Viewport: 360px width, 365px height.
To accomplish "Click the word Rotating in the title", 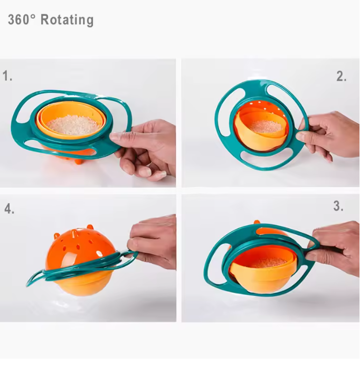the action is point(67,20).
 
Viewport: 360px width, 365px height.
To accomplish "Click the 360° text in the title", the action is point(22,20).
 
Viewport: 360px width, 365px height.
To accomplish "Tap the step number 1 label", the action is point(7,76).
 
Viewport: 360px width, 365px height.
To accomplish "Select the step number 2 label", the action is point(341,76).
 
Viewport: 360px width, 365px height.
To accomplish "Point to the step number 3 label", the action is point(338,206).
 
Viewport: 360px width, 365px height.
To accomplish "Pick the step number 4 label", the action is point(9,208).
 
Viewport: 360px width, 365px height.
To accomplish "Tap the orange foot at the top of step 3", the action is point(257,222).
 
